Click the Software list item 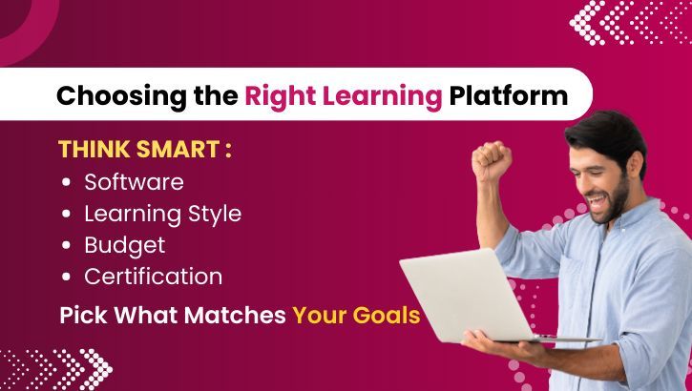(x=134, y=181)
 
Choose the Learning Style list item (x=162, y=214)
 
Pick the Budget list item (x=124, y=245)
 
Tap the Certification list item (x=153, y=277)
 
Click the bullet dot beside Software (x=65, y=182)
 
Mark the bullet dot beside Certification (x=65, y=278)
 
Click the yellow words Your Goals (x=356, y=315)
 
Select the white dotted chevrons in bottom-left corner (x=57, y=367)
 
